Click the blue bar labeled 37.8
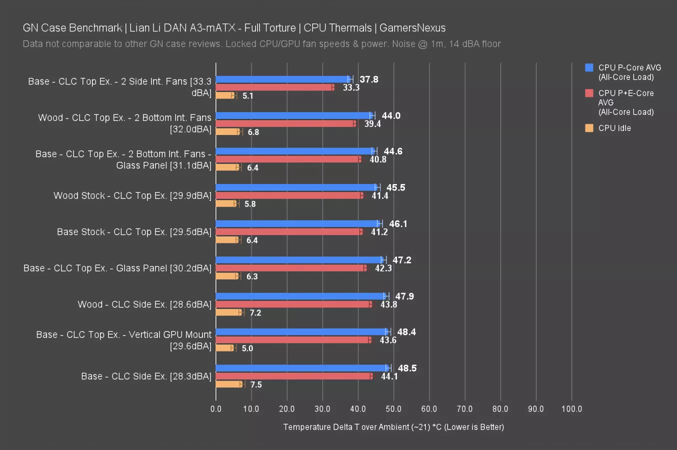click(282, 79)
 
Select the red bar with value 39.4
click(285, 123)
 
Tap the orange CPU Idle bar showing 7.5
click(229, 384)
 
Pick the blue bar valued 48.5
click(302, 368)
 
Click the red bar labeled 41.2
click(288, 232)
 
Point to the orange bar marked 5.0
click(224, 348)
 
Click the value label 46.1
click(398, 223)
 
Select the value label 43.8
click(388, 304)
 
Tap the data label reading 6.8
click(253, 132)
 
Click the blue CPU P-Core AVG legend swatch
click(589, 67)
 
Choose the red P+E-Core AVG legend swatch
click(589, 93)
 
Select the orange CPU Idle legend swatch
click(589, 128)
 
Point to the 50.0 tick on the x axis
click(393, 409)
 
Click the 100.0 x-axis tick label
click(571, 409)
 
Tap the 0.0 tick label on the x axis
click(216, 409)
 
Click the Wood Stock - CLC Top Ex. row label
click(132, 195)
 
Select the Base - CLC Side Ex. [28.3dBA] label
click(146, 376)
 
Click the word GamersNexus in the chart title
click(412, 28)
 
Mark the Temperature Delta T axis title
click(393, 427)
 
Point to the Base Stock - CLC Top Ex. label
click(134, 232)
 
